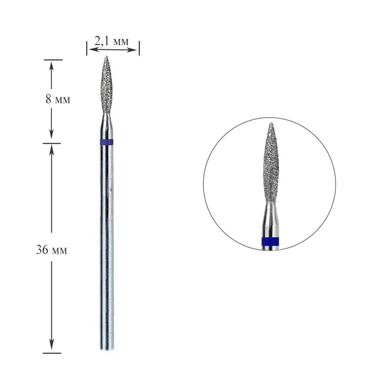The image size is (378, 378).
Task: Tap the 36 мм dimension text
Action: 51,250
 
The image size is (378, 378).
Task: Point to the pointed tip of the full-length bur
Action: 107,57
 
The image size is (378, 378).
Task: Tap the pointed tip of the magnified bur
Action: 271,124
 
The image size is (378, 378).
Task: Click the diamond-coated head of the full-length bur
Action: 107,87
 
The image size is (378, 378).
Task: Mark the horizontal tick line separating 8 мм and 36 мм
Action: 51,143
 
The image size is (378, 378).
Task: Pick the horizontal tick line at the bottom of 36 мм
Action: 51,353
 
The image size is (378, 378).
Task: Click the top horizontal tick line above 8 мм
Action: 51,60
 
